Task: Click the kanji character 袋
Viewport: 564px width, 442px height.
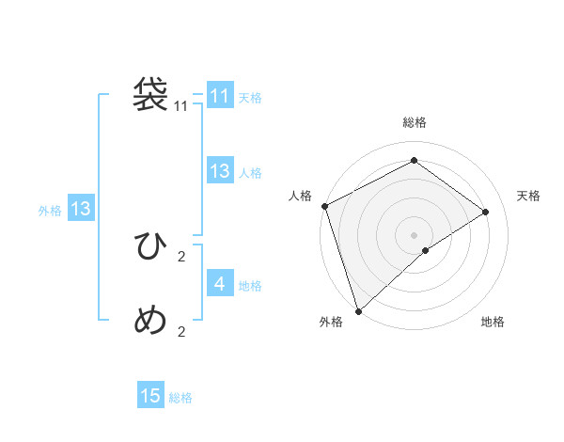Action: (x=150, y=94)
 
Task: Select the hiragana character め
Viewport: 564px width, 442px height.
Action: (x=150, y=321)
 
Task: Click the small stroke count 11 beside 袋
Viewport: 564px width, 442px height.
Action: (x=181, y=106)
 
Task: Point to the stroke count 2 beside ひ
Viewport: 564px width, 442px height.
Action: (x=181, y=256)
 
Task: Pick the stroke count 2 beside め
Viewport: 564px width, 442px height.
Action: (x=181, y=331)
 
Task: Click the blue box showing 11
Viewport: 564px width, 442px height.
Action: (x=220, y=96)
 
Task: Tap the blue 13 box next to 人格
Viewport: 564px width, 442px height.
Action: (x=220, y=171)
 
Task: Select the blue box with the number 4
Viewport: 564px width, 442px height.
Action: (x=220, y=284)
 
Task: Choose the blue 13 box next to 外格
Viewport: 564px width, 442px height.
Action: (x=81, y=209)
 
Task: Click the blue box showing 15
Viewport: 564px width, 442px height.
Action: (x=150, y=396)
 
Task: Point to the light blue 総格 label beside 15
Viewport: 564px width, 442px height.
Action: (x=180, y=398)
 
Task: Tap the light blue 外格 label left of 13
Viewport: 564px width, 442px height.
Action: (x=50, y=211)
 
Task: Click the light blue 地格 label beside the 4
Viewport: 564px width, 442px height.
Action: (x=250, y=286)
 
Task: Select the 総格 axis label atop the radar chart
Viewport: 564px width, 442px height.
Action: (x=414, y=123)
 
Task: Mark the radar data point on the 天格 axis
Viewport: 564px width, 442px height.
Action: (x=486, y=212)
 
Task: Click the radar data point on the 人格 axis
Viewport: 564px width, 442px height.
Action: (x=324, y=206)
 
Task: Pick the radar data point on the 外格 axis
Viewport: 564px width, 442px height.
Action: (x=358, y=310)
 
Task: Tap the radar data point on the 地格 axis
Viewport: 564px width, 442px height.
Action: (x=426, y=250)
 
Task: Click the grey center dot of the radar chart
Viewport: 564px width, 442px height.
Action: (x=414, y=234)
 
